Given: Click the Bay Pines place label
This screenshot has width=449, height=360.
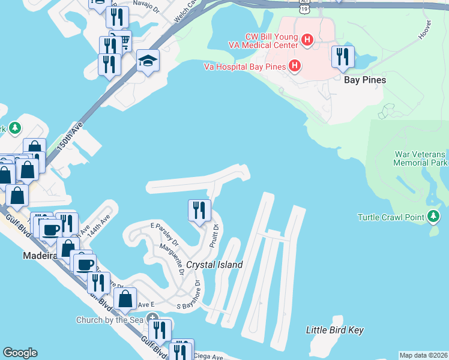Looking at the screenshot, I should tap(364, 79).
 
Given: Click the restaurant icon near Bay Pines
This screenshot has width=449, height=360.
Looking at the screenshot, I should tap(343, 57).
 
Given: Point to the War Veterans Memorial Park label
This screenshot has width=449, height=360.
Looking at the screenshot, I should tap(421, 158).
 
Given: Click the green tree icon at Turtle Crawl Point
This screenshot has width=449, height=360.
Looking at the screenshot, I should tap(434, 216).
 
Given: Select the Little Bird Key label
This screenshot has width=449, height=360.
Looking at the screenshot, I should tap(334, 330).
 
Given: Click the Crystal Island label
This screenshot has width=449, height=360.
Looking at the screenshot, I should tap(214, 265).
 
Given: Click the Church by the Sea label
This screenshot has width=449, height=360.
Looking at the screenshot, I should tap(112, 320).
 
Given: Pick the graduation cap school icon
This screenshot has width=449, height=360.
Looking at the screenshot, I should tap(147, 61).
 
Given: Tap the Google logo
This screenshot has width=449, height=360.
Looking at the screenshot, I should tap(20, 353).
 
